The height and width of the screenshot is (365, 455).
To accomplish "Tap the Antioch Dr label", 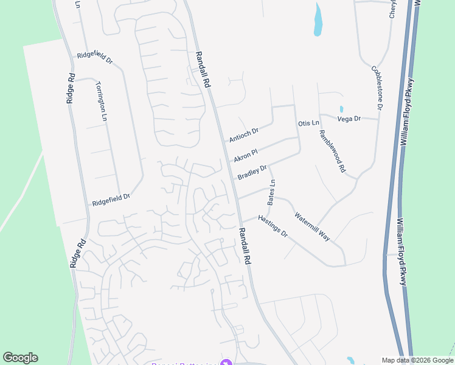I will tap(244, 134).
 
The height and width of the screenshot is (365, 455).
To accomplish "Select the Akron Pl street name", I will tap(246, 155).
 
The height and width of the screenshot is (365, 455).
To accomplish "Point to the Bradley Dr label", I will tap(252, 172).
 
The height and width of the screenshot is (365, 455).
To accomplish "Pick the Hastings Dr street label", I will tap(272, 226).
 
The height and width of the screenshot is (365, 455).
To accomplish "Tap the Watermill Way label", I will tap(312, 226).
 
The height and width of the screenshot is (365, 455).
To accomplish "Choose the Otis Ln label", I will tap(308, 123).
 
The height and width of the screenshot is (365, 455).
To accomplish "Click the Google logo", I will tap(20, 358).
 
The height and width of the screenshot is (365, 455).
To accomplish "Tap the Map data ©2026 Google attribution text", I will tap(417, 360).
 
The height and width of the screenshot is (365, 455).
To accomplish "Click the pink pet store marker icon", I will tap(226, 363).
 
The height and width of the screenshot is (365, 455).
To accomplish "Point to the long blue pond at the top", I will tap(317, 19).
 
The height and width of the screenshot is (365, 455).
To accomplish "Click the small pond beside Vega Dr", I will tap(341, 109).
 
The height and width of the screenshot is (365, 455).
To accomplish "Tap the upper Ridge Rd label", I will tap(71, 88).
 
